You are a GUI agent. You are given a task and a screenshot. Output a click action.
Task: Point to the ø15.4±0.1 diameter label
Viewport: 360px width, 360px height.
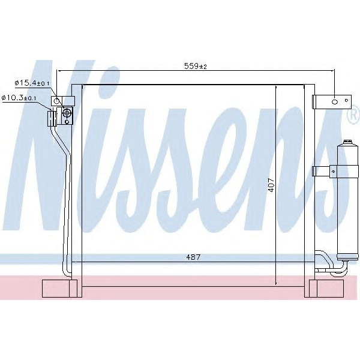click(x=33, y=83)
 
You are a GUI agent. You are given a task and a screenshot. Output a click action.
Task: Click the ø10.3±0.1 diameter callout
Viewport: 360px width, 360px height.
click(x=20, y=97)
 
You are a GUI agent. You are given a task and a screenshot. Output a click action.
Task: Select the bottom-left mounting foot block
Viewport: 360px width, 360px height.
click(x=61, y=288)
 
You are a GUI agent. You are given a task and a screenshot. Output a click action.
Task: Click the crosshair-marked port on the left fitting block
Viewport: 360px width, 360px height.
click(x=67, y=112)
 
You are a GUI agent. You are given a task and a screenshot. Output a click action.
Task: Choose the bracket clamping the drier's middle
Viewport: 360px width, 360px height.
click(x=324, y=171)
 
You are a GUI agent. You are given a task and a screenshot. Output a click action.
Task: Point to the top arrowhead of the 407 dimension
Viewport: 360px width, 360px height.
click(x=275, y=86)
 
